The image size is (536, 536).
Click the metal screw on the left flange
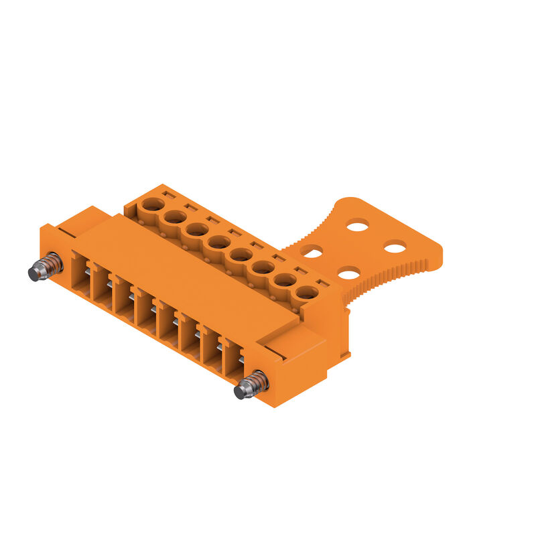45,267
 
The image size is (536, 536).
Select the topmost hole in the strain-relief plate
357,226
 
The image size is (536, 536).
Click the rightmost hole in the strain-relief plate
395,249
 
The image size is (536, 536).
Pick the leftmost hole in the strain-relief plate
312,251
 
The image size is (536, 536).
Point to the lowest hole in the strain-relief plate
348,273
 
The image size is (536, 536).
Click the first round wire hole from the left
153,204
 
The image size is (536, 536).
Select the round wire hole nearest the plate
306,292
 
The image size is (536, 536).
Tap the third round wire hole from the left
196,229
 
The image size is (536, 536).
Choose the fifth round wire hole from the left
241,255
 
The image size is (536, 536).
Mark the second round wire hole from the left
175,216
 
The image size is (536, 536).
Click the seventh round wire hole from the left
285,279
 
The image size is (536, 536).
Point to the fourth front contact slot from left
144,310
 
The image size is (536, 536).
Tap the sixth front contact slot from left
188,336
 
